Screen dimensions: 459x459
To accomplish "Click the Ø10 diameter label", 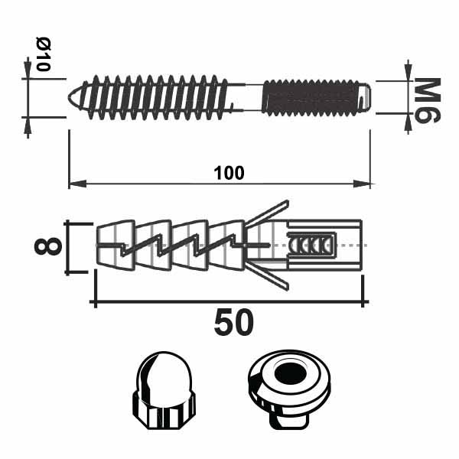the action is pos(44,54).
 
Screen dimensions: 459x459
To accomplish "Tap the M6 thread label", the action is pos(428,100).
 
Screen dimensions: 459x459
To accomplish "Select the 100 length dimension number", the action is pos(229,173).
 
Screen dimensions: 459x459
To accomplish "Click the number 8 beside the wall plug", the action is pos(48,246).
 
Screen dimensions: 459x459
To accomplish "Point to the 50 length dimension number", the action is pos(234,322).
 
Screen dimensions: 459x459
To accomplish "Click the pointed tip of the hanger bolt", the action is pos(69,96).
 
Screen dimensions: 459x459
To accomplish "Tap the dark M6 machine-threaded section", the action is pos(313,97).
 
